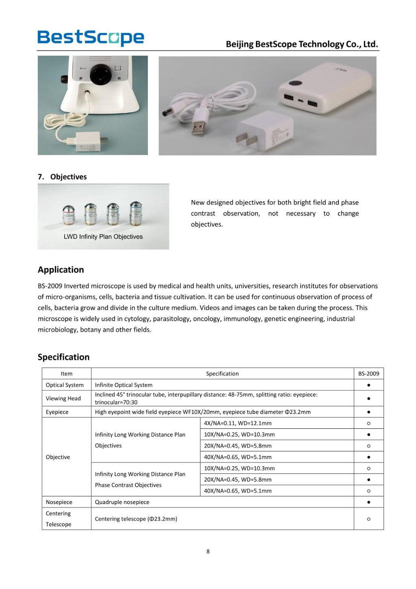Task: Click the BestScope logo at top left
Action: click(91, 37)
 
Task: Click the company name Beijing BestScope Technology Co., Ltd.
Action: click(301, 44)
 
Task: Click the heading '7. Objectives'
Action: click(62, 177)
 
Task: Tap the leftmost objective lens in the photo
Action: click(69, 215)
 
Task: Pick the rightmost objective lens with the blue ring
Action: click(136, 213)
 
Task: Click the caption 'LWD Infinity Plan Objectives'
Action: click(103, 237)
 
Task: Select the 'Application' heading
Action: click(61, 270)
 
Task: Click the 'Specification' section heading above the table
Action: click(63, 357)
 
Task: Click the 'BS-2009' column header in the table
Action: click(368, 373)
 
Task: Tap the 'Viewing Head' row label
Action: click(63, 398)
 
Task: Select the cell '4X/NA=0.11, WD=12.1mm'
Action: click(238, 423)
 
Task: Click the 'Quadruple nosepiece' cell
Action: click(122, 502)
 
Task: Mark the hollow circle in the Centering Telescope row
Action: click(368, 519)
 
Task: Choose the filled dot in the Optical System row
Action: click(368, 385)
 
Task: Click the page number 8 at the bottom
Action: click(208, 551)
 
